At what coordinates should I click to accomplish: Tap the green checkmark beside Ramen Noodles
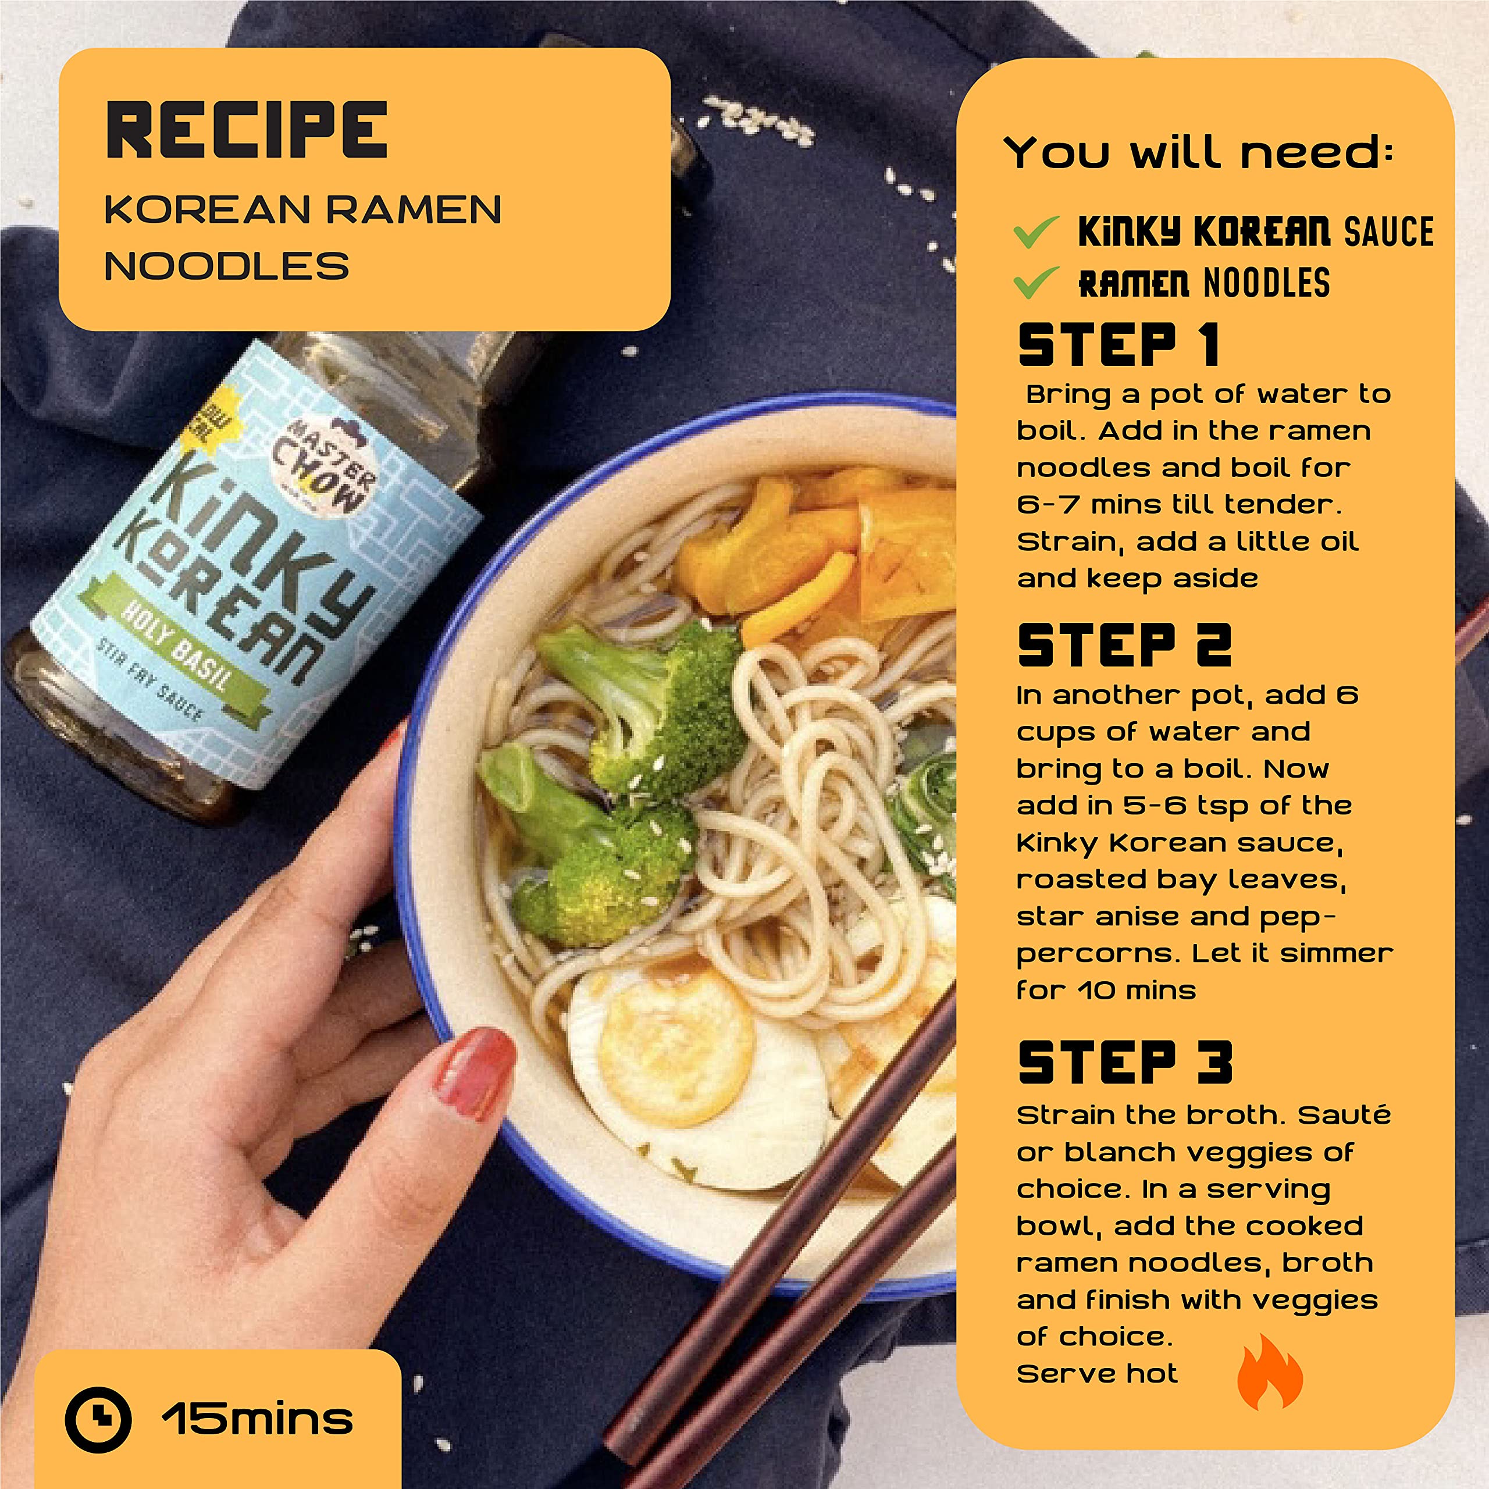click(x=1036, y=282)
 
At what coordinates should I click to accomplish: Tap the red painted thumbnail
click(x=472, y=1074)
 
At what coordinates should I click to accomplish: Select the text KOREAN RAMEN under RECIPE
click(x=303, y=209)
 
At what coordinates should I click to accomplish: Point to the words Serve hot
click(x=1098, y=1373)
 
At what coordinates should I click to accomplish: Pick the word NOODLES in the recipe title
click(x=227, y=266)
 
